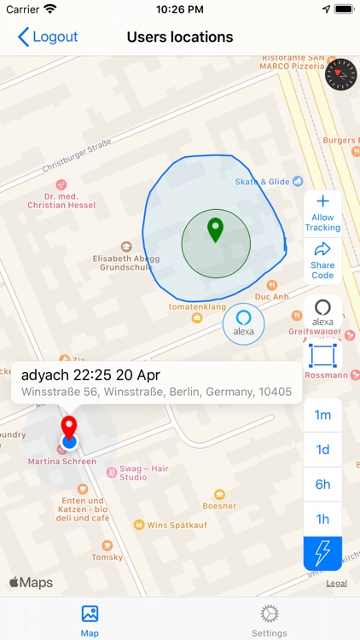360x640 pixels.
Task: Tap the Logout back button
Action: tap(48, 37)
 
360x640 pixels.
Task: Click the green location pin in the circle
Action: tap(216, 230)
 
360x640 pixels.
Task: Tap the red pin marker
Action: tap(68, 428)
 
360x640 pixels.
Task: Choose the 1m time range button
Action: tap(322, 415)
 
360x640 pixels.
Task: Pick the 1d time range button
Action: tap(322, 450)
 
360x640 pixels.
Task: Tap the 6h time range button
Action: tap(322, 485)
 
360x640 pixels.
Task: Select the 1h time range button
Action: tap(322, 519)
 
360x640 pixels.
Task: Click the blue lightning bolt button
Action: tap(322, 553)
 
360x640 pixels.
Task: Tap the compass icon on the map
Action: tap(340, 75)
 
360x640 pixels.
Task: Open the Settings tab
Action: tap(270, 620)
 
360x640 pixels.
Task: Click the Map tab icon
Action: tap(90, 614)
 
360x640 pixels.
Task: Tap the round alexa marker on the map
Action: tap(244, 325)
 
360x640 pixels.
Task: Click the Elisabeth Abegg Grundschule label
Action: tap(126, 260)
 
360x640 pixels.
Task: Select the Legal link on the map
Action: tap(336, 584)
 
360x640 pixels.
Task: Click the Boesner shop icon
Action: tap(220, 494)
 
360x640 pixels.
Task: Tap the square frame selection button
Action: tap(322, 355)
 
